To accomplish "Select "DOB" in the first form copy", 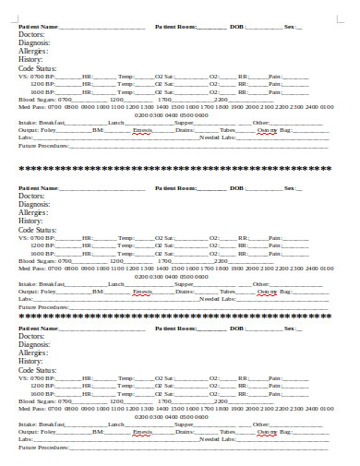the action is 237,27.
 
